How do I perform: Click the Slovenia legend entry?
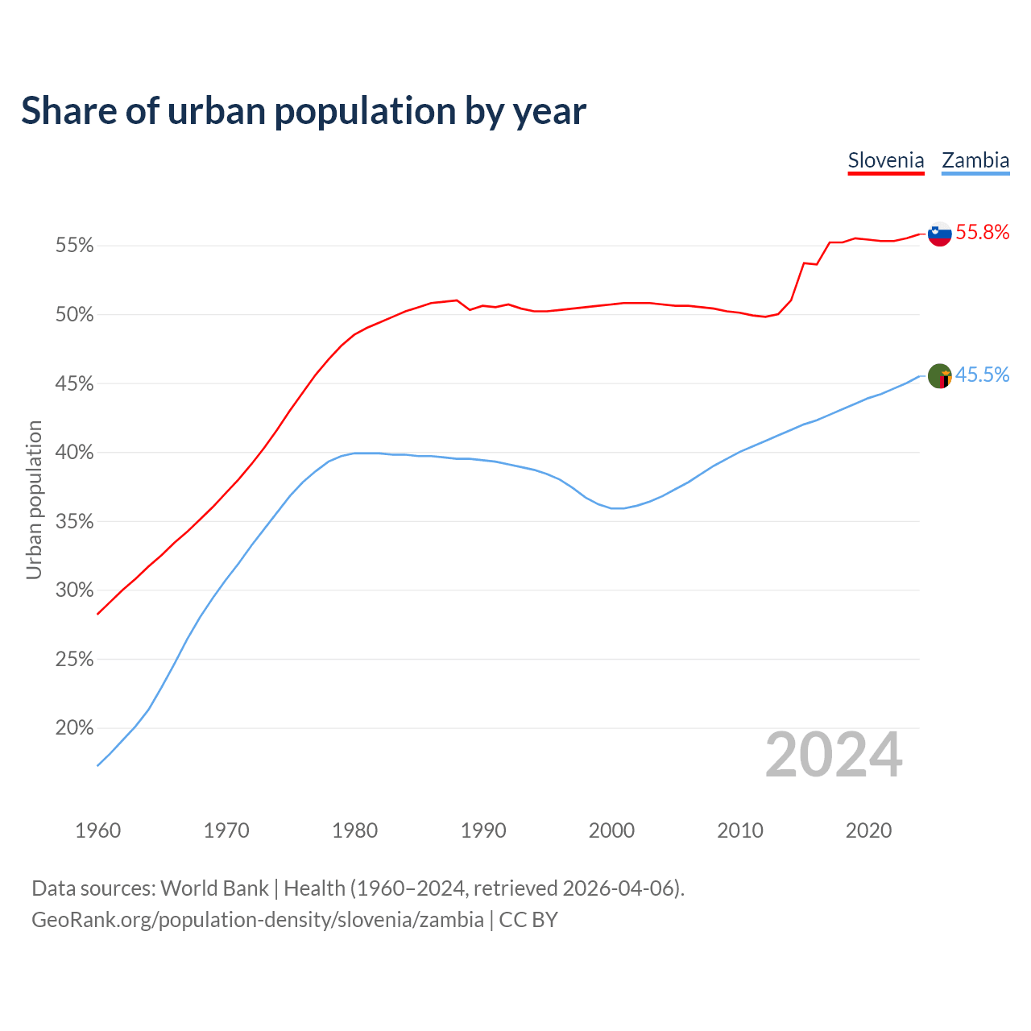point(886,160)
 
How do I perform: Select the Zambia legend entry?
point(975,160)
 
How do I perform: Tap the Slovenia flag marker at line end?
point(939,234)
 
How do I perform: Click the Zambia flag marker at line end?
point(939,375)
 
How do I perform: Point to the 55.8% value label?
point(983,233)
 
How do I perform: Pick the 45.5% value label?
point(983,375)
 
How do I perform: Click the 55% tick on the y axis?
point(75,246)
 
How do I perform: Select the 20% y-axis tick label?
point(75,728)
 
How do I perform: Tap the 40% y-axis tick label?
point(75,453)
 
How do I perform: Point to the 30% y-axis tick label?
point(75,590)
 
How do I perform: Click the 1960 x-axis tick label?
point(97,830)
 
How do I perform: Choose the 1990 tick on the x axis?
point(483,830)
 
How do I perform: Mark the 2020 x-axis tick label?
point(868,830)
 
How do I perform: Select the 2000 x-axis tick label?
point(611,830)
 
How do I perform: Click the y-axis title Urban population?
point(34,499)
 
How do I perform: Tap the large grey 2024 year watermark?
point(834,756)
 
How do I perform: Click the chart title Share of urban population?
point(304,111)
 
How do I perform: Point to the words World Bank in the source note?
point(214,888)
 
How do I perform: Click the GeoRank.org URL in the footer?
point(258,920)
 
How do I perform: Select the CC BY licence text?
point(528,920)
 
